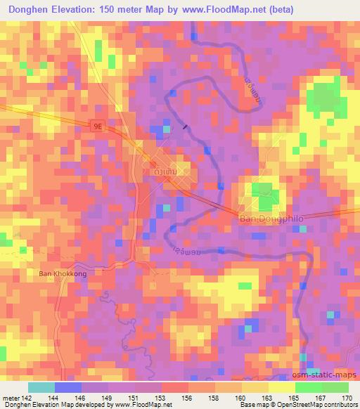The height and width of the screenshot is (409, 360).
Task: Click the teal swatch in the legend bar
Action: click(x=41, y=387)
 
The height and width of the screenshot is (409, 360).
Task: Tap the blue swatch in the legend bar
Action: click(x=68, y=387)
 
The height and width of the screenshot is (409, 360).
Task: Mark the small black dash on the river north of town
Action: click(x=185, y=127)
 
